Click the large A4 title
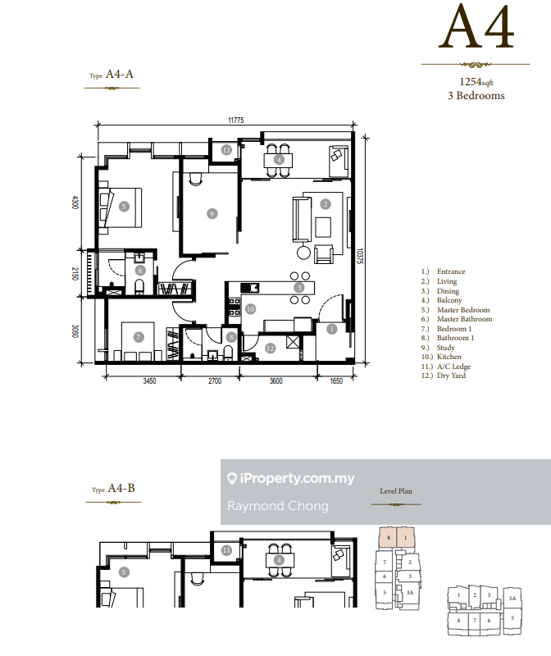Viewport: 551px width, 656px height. click(x=476, y=27)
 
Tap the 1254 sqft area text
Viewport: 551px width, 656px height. click(x=476, y=82)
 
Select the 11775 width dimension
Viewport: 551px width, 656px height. click(x=236, y=120)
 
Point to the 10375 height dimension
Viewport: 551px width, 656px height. click(x=360, y=256)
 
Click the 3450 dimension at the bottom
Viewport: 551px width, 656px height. click(x=149, y=380)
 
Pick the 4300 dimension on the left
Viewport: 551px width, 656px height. click(x=75, y=203)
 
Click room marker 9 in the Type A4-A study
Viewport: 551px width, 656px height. click(x=212, y=214)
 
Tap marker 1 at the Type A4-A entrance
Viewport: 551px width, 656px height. click(x=332, y=329)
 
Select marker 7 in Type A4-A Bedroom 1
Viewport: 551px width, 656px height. click(x=139, y=337)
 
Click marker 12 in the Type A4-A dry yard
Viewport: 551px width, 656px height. click(x=271, y=348)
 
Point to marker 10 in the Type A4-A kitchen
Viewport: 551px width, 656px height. click(x=250, y=309)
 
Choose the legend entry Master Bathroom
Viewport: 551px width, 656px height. click(x=464, y=319)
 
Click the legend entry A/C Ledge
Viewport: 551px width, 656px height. click(x=454, y=367)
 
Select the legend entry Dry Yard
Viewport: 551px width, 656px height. click(x=451, y=376)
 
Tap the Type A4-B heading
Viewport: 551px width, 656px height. click(x=113, y=488)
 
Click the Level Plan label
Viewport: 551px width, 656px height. click(x=396, y=491)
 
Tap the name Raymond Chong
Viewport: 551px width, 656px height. click(x=278, y=506)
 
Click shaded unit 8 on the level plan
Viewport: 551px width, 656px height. click(x=389, y=538)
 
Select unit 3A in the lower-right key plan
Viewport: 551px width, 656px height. click(x=512, y=599)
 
